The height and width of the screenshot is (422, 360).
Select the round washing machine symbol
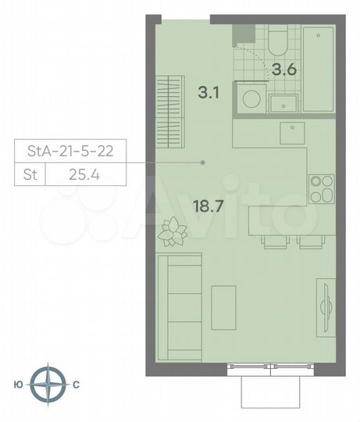coord(251,100)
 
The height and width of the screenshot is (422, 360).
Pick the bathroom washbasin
coord(283,103)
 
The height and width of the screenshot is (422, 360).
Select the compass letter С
coord(76,384)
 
